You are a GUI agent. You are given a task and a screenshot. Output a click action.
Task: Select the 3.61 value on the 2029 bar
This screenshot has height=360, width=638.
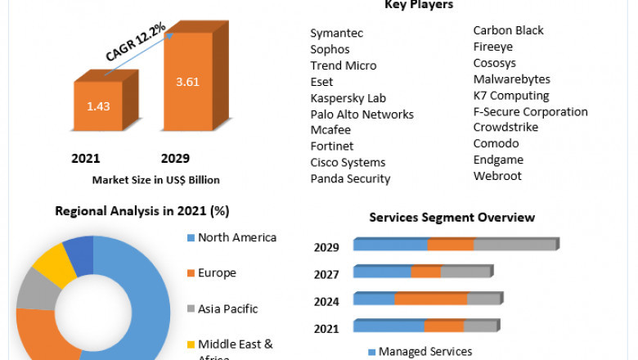pos(187,82)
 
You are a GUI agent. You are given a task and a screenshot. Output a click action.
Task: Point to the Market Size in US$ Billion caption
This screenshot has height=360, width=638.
pos(155,179)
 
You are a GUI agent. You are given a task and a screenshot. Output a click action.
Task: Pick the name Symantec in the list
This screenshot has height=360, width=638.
pos(336,34)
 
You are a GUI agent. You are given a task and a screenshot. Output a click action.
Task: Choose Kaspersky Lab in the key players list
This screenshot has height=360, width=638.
pos(348,98)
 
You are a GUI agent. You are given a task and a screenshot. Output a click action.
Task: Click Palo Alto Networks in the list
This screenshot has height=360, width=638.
pos(362,115)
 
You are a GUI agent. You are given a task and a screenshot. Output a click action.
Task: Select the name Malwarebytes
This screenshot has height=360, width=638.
pos(511,79)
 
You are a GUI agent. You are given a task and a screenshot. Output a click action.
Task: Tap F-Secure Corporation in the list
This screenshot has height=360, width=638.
pos(530,111)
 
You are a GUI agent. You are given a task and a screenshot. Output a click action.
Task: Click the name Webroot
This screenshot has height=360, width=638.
pos(496,176)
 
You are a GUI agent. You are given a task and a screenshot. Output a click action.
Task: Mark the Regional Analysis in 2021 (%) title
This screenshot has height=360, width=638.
pos(142,210)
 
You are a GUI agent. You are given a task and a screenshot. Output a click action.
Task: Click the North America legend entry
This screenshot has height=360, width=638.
pos(237,238)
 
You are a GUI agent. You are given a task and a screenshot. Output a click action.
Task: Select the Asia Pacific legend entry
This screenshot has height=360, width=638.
pos(227,308)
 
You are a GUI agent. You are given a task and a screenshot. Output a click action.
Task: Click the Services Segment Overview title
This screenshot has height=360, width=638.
pos(452,217)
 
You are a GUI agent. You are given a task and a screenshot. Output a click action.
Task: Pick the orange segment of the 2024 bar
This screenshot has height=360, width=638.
pos(430,299)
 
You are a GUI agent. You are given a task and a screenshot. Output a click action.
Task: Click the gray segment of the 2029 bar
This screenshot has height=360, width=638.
pos(514,245)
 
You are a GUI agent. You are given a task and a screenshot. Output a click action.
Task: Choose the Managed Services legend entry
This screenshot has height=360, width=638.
pos(425,352)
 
